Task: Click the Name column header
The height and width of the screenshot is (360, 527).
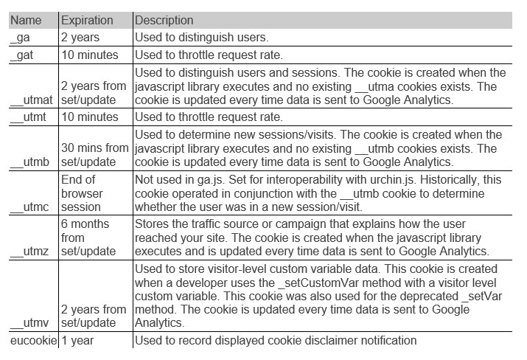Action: pos(26,20)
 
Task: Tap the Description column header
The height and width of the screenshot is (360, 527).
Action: pos(164,20)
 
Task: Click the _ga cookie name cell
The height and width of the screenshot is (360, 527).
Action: pos(21,36)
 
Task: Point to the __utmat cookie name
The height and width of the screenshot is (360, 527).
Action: pos(32,100)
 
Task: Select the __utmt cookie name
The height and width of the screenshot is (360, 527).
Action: pos(29,117)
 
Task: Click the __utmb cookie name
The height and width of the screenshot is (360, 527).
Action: pos(30,162)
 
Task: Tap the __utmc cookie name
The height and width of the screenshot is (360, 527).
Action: pos(29,207)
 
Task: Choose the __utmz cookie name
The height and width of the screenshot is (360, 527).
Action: pos(29,252)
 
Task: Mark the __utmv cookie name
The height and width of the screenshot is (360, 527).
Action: pos(29,324)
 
